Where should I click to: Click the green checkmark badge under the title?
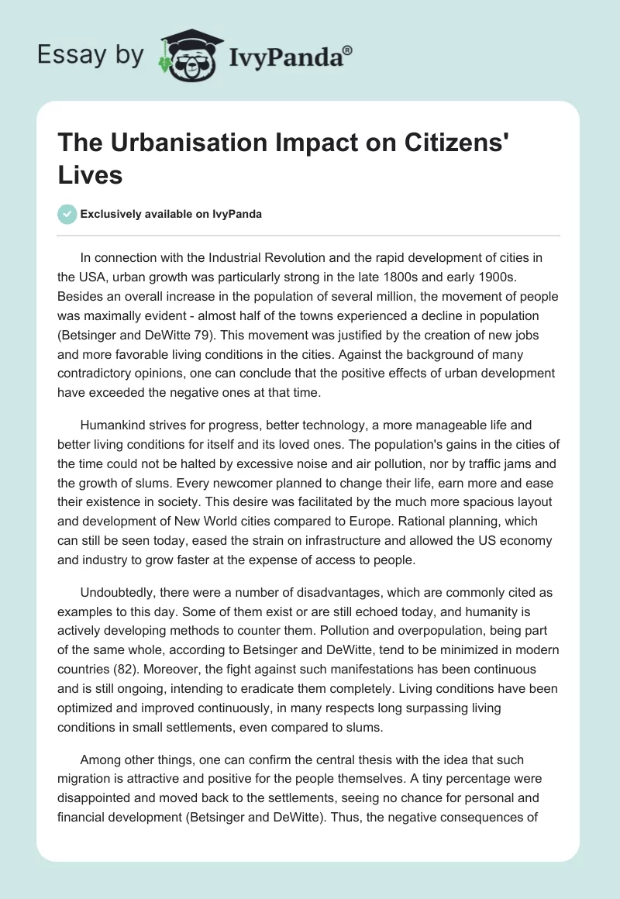67,214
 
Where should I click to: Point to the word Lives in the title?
90,174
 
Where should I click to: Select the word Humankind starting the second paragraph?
115,425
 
